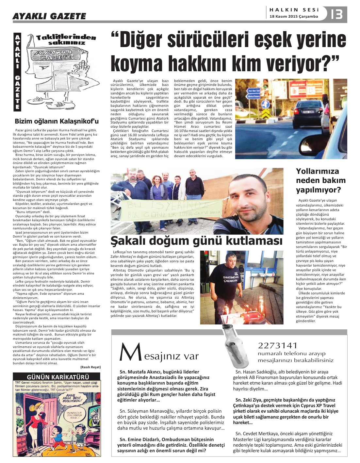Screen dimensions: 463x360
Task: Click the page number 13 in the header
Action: [x=336, y=14]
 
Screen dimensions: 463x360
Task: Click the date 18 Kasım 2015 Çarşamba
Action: [x=293, y=16]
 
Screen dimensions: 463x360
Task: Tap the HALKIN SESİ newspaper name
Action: [x=294, y=10]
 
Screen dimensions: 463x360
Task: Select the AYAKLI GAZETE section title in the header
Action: [x=49, y=16]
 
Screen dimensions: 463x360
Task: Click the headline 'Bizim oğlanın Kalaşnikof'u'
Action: [x=57, y=121]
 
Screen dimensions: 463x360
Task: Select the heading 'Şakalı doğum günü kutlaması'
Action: [x=196, y=241]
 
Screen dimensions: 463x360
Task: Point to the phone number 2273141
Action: [x=277, y=345]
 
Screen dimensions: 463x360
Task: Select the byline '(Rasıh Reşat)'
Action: [x=90, y=367]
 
